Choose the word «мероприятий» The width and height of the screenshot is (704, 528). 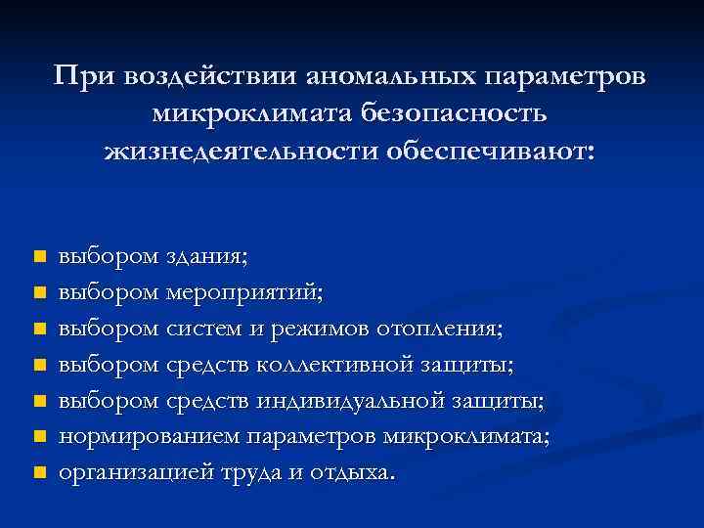243,292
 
